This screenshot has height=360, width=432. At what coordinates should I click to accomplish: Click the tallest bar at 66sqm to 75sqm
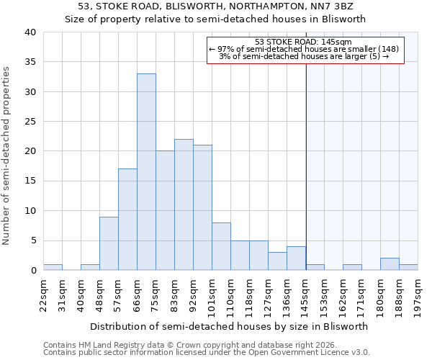coord(146,172)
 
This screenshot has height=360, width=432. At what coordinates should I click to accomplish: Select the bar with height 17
coord(127,220)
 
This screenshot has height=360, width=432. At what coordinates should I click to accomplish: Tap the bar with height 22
coord(184,204)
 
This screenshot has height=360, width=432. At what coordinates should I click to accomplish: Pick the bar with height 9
coord(109,243)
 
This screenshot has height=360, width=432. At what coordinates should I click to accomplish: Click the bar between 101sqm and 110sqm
coord(221,246)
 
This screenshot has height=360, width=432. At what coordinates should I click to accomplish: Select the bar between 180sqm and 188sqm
coord(390,264)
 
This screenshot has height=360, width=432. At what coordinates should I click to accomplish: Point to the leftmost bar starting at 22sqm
coord(53,267)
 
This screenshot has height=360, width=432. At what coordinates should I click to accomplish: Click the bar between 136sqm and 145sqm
coord(296,258)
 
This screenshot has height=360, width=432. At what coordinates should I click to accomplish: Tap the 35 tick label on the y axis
coord(30,62)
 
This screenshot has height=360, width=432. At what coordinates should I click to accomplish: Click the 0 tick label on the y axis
coord(33,271)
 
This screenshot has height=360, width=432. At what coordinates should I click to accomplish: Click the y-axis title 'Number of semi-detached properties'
coord(7,155)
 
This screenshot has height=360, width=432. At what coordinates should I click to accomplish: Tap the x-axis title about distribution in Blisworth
coord(229,326)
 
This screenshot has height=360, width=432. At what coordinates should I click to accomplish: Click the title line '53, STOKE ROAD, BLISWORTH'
coord(215,6)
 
